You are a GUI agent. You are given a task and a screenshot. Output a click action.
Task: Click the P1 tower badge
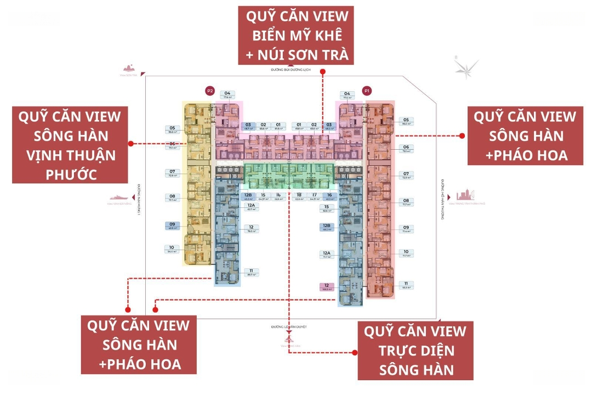[x=367, y=91]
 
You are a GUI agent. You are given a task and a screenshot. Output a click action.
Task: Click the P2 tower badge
[x=209, y=91]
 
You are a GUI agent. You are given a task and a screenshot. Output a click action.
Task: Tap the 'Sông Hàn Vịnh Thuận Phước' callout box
[x=71, y=145]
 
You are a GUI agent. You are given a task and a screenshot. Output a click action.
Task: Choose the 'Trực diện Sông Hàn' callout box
[x=415, y=351]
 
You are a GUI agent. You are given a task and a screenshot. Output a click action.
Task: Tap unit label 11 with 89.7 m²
[x=251, y=273]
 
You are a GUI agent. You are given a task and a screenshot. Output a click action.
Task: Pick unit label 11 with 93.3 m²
[x=406, y=285]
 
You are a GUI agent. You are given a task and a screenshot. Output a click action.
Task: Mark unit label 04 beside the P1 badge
[x=346, y=95]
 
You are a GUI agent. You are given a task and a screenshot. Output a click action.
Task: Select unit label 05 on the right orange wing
[x=406, y=121]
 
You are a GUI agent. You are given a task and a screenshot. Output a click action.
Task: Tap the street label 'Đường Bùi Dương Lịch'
[x=291, y=70]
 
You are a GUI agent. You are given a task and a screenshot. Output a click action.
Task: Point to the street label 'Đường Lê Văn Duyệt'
[x=288, y=327]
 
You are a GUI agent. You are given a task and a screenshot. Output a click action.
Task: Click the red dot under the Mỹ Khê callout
[x=323, y=71]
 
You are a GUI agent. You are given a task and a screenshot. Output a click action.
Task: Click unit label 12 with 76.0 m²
[x=251, y=229]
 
